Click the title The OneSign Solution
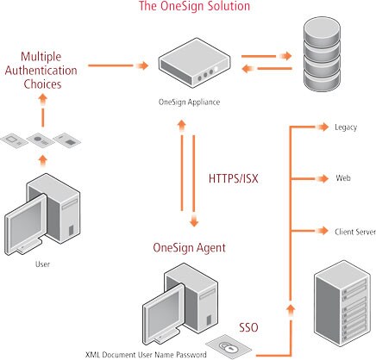pos(194,6)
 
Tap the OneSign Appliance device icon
pos(195,63)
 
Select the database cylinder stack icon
pos(322,54)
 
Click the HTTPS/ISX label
pos(233,178)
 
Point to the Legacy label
pos(346,127)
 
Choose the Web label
pos(343,178)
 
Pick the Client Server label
pos(355,232)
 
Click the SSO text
pos(248,327)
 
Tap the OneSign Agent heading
pos(189,248)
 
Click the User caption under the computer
pos(42,264)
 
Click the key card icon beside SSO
pos(229,346)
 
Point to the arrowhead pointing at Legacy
pos(323,127)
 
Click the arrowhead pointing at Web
pos(323,178)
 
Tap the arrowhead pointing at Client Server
pos(323,230)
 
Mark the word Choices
pos(42,84)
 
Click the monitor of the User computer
pos(26,224)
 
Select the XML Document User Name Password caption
pos(146,355)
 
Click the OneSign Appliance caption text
pos(189,102)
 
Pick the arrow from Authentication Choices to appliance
pos(118,65)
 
